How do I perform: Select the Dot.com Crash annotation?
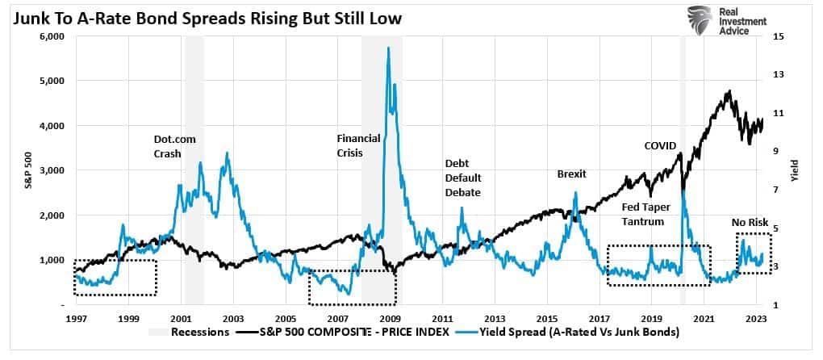(x=174, y=146)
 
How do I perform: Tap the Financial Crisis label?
(x=358, y=145)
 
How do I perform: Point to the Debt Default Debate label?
(x=462, y=178)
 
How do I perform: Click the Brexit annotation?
(x=571, y=174)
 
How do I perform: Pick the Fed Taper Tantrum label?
(x=645, y=213)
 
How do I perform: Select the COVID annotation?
(x=661, y=145)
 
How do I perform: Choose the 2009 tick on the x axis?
(x=389, y=319)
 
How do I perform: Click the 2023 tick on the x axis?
(x=756, y=319)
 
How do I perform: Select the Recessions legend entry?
(x=190, y=331)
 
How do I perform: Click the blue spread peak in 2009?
(x=389, y=48)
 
